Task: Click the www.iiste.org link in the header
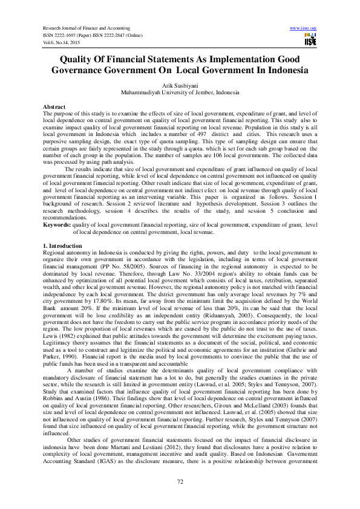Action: (x=304, y=28)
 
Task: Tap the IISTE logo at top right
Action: (x=311, y=40)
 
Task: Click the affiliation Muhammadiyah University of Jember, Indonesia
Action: (x=180, y=94)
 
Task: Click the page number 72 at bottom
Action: (x=180, y=481)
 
